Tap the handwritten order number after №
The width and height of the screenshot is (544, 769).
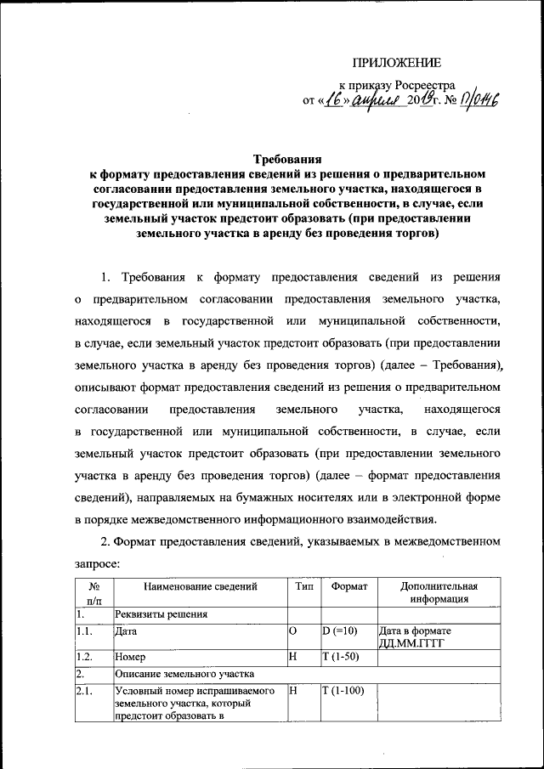click(479, 102)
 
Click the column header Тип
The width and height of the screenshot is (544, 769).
click(303, 586)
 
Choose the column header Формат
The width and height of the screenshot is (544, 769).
click(348, 586)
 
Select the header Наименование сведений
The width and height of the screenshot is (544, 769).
click(200, 586)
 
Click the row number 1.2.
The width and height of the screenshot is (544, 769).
click(83, 657)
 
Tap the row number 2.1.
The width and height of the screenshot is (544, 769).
click(83, 691)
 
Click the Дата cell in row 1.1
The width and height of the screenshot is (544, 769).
click(127, 631)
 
